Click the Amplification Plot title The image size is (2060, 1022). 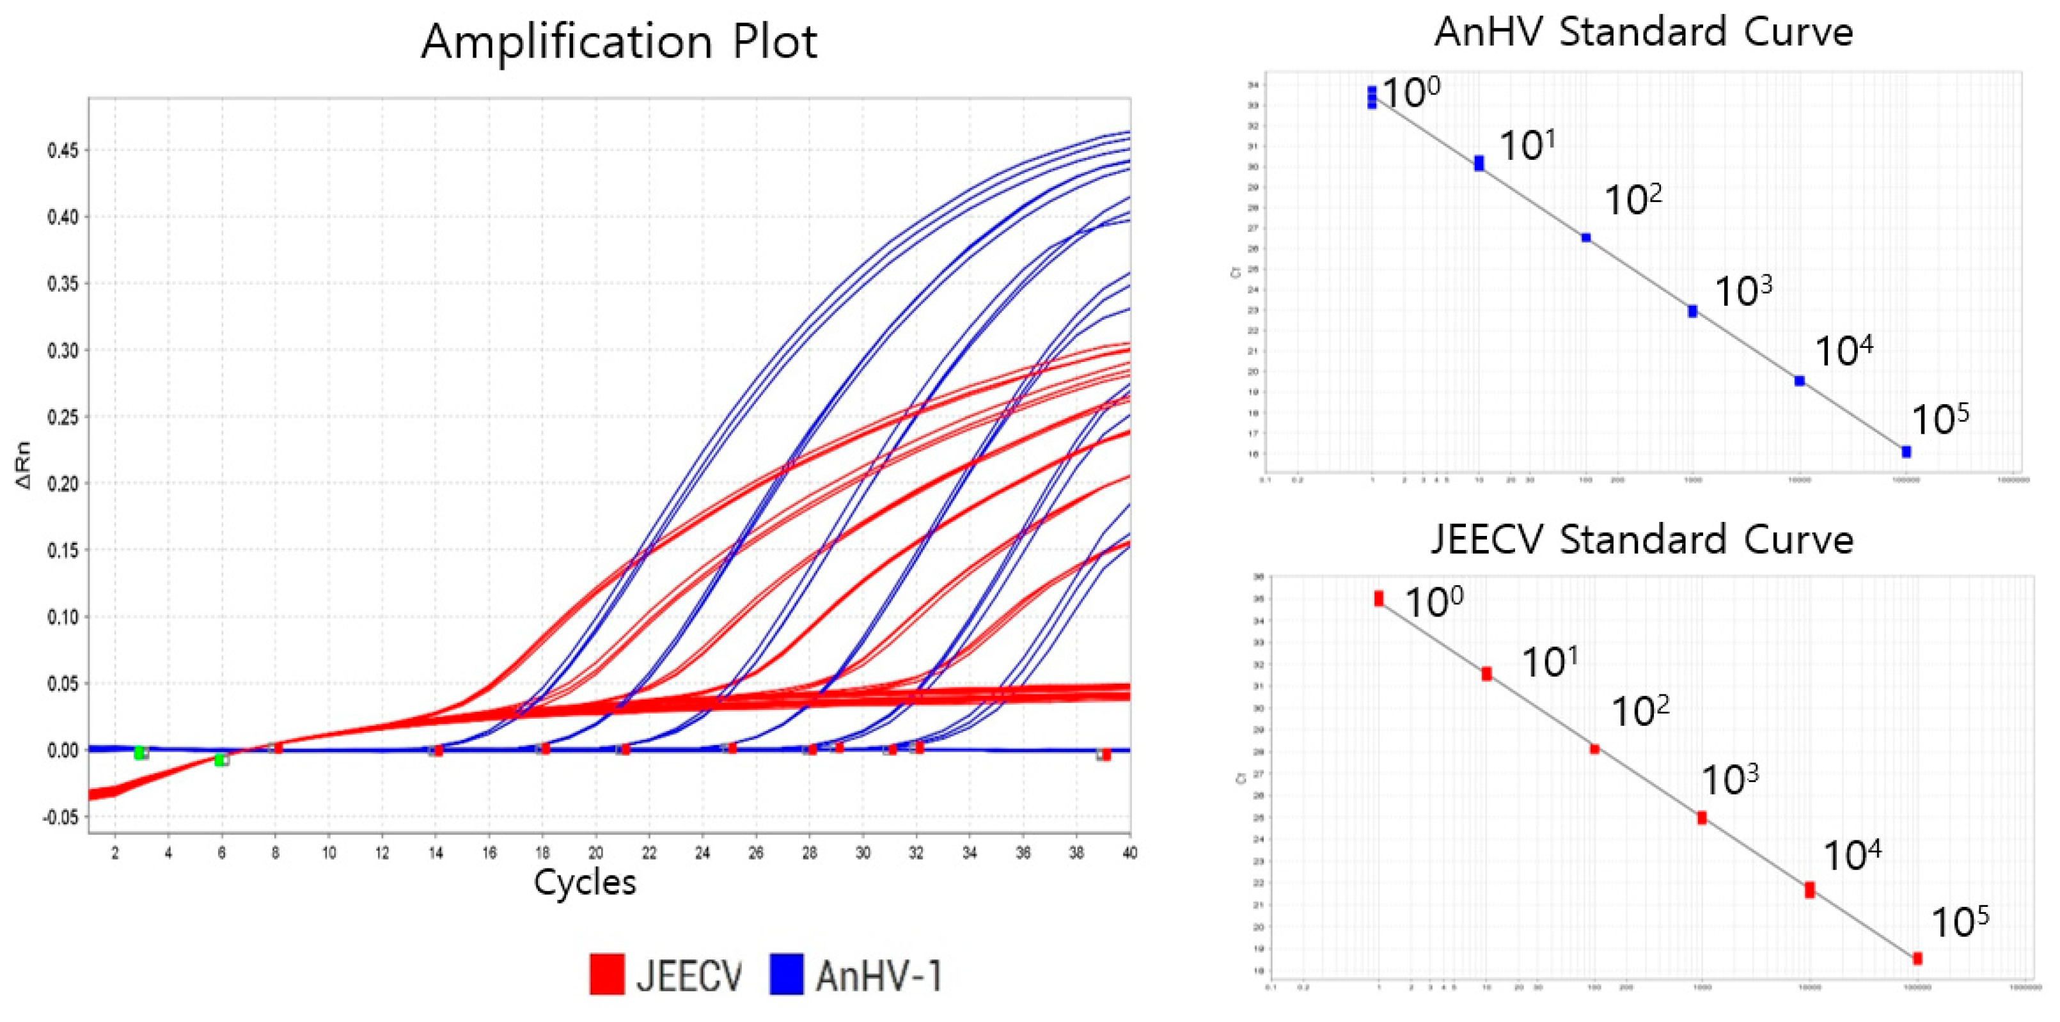(x=619, y=42)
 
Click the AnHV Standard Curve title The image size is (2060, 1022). (x=1644, y=33)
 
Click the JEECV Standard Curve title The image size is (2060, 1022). (x=1642, y=540)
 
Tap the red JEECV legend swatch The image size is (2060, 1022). (x=606, y=974)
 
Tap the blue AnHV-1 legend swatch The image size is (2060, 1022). (x=786, y=974)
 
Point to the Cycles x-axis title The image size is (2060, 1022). (x=585, y=882)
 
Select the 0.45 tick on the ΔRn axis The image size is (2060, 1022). (x=63, y=150)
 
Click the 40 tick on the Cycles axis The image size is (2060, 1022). (x=1129, y=853)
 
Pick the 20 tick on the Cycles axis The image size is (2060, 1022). (x=596, y=853)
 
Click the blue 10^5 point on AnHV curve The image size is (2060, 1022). (x=1906, y=452)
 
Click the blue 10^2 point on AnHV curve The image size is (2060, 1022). (x=1586, y=237)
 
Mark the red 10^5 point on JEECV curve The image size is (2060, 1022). (x=1917, y=958)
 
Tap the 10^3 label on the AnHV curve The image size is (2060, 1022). (x=1743, y=291)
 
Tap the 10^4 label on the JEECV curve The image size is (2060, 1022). (x=1852, y=856)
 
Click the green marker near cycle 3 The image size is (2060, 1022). (x=139, y=753)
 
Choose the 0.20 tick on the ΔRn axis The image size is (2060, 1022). (x=63, y=483)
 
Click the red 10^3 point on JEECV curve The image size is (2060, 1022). (x=1702, y=817)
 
